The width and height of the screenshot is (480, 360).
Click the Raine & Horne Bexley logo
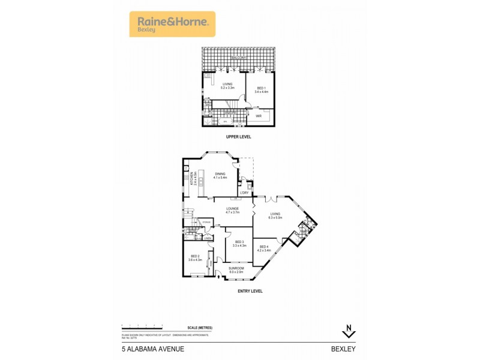point(172,24)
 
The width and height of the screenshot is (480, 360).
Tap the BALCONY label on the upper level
point(239,58)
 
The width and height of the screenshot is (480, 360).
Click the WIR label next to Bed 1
point(259,115)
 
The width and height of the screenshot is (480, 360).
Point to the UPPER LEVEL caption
point(238,137)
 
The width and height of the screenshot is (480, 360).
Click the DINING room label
point(220,174)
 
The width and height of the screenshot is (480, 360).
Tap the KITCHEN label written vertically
point(191,178)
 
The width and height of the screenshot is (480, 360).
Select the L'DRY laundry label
point(244,193)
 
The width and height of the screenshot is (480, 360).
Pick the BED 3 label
point(239,242)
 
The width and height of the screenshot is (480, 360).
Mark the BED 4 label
point(265,247)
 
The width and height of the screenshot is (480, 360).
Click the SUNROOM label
point(236,269)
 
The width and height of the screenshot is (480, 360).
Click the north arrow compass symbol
point(348,331)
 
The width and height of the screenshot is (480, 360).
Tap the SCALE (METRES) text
point(200,327)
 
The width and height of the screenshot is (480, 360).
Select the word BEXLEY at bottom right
point(343,349)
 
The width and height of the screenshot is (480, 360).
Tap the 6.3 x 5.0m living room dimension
point(275,217)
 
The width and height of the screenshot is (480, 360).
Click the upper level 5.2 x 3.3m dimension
point(227,88)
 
